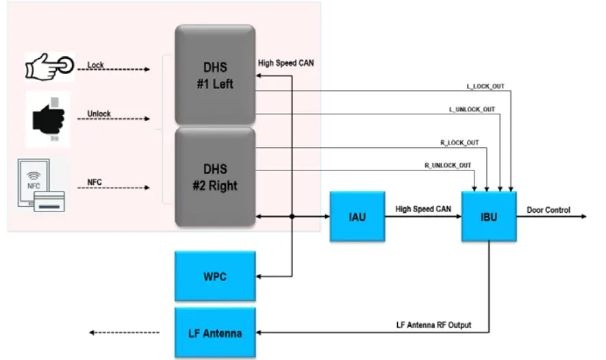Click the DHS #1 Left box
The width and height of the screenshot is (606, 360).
(x=214, y=75)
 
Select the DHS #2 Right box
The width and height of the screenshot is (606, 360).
(x=214, y=177)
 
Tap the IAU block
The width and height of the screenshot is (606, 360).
(x=357, y=216)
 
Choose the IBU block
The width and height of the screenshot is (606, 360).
(x=488, y=216)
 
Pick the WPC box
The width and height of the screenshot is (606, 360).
(x=214, y=277)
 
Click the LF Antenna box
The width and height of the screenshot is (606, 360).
(x=214, y=333)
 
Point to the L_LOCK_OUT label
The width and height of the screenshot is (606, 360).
(x=485, y=87)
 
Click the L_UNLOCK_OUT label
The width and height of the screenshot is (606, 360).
(x=472, y=110)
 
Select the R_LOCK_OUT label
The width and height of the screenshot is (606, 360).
(x=459, y=143)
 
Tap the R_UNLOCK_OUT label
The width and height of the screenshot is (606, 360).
(x=447, y=165)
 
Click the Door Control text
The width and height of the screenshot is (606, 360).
(x=548, y=210)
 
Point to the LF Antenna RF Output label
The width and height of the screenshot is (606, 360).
(x=433, y=324)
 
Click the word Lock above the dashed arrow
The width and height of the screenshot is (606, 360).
(x=96, y=66)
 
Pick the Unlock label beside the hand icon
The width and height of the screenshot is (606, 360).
(x=99, y=114)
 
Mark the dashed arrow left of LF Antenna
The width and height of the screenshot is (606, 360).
(x=124, y=333)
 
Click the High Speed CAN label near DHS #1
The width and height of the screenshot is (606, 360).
(x=286, y=63)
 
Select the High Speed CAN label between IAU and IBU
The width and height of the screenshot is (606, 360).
(x=423, y=209)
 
